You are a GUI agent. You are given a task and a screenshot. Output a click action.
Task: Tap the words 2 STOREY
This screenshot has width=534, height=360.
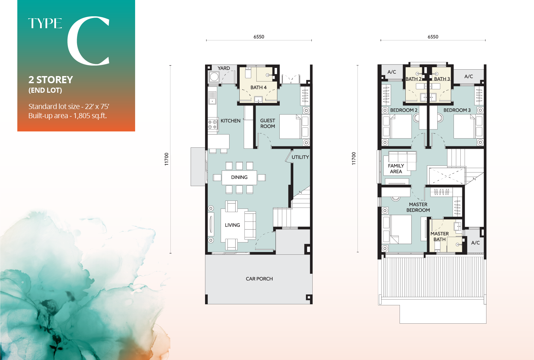click(x=51, y=80)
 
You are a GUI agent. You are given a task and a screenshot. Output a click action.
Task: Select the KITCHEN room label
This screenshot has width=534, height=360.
click(x=230, y=121)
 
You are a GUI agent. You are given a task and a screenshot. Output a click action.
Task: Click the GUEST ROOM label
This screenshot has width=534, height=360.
click(x=268, y=123)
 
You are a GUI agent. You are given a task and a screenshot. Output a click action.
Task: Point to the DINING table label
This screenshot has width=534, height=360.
click(x=239, y=177)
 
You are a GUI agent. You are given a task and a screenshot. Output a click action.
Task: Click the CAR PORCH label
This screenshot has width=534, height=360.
click(x=259, y=279)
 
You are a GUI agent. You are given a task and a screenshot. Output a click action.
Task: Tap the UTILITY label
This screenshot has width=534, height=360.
click(x=300, y=157)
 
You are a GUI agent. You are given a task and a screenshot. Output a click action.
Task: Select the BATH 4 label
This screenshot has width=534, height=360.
click(x=258, y=88)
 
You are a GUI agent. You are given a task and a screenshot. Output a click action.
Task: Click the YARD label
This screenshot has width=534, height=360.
click(x=224, y=68)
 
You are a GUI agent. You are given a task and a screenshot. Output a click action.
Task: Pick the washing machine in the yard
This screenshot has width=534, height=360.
click(x=214, y=77)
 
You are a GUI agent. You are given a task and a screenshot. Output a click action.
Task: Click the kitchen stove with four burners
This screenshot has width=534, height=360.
click(x=213, y=124)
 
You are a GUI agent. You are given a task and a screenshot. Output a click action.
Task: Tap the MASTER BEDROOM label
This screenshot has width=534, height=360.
click(x=418, y=207)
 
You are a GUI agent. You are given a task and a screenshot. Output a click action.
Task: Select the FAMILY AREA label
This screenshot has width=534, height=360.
click(x=396, y=168)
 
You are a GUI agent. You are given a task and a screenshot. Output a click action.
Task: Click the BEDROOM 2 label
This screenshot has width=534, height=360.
click(x=404, y=110)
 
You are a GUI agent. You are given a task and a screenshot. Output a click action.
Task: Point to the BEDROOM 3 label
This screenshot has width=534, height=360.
click(x=457, y=110)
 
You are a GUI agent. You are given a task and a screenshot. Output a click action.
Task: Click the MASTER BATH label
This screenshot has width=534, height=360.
click(x=439, y=236)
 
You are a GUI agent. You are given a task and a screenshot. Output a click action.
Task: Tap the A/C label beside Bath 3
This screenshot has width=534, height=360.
click(x=468, y=76)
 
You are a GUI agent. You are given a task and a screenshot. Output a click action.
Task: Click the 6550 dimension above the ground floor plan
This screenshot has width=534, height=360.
click(x=259, y=37)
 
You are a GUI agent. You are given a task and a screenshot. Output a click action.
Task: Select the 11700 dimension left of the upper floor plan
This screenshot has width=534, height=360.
click(x=354, y=159)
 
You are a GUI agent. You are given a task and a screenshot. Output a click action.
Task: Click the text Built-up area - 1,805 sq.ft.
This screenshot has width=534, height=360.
click(x=68, y=116)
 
